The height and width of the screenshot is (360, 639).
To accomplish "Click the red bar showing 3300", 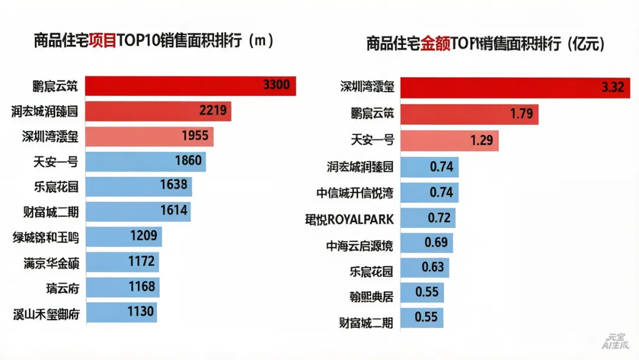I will coord(191,86).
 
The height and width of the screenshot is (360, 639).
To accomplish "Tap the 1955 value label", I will coord(195,136).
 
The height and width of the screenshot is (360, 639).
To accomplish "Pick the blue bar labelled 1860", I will coord(146,161).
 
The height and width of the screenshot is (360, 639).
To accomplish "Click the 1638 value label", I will coord(173,185).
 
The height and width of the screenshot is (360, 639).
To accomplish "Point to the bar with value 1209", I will coord(124,236).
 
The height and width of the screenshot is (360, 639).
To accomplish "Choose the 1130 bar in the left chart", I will coord(121,312).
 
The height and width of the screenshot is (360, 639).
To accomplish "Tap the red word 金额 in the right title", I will coord(435,44).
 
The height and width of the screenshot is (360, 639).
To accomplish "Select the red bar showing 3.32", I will coord(515,87).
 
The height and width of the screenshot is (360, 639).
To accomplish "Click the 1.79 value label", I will coord(521,114).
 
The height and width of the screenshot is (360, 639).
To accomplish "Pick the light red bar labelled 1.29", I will coord(450,141).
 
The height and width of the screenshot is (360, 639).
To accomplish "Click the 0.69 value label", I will coord(437,243).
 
